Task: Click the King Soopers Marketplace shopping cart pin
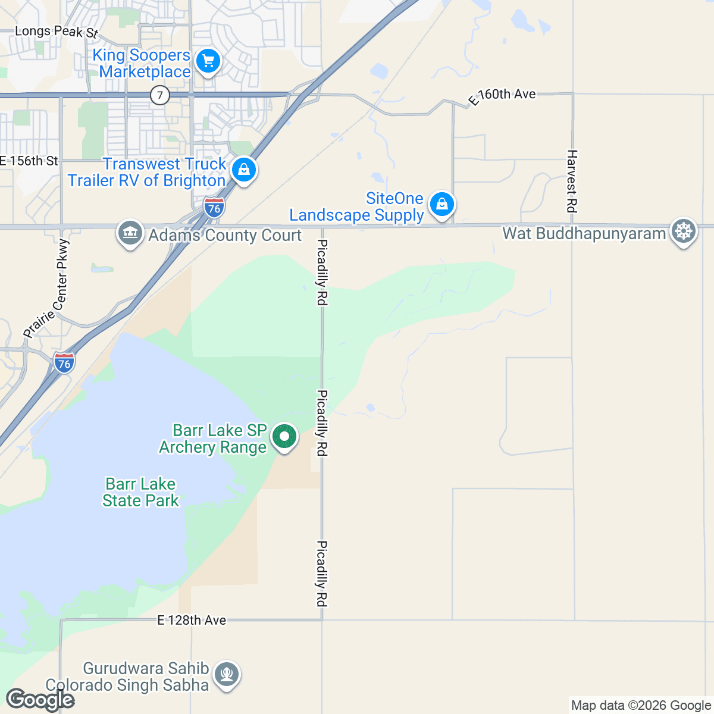pos(208,61)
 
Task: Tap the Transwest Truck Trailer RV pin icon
pos(244,170)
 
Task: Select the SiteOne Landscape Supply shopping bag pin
pos(441,204)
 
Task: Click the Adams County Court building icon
pos(130,233)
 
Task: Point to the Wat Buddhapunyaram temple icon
pos(684,231)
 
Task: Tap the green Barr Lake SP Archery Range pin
pos(284,437)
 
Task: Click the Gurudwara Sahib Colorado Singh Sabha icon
pos(227,675)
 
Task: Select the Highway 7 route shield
pos(159,95)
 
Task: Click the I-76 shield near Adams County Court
pos(214,207)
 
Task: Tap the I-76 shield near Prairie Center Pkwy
pos(64,362)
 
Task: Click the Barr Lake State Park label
pos(140,492)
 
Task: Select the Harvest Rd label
pos(572,181)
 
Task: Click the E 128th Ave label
pos(192,620)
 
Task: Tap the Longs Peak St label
pos(56,32)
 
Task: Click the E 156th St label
pos(29,161)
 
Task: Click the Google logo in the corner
pos(40,700)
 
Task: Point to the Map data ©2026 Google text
pos(641,706)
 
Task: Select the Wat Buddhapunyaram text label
pos(584,233)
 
